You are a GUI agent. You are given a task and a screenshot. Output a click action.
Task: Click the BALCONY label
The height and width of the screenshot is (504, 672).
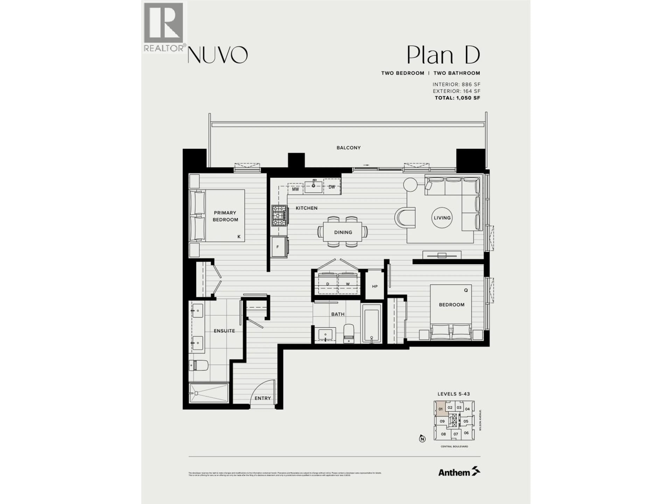(348, 148)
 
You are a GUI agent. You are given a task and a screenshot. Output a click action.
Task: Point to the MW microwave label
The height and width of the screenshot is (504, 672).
(295, 189)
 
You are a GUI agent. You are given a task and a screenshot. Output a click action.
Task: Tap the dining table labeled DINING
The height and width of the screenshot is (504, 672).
(343, 232)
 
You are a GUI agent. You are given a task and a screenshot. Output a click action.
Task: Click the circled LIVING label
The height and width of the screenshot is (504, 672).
(442, 218)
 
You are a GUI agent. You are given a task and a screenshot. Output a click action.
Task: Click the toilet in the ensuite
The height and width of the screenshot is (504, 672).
(198, 365)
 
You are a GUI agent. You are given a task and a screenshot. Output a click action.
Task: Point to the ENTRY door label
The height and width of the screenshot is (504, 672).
(262, 398)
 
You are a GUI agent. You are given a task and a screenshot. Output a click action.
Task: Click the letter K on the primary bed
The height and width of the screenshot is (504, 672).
(239, 236)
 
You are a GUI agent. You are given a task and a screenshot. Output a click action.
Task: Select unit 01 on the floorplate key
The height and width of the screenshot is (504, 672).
(440, 409)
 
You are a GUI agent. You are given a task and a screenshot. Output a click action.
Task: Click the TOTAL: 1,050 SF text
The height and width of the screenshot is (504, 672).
(457, 98)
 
